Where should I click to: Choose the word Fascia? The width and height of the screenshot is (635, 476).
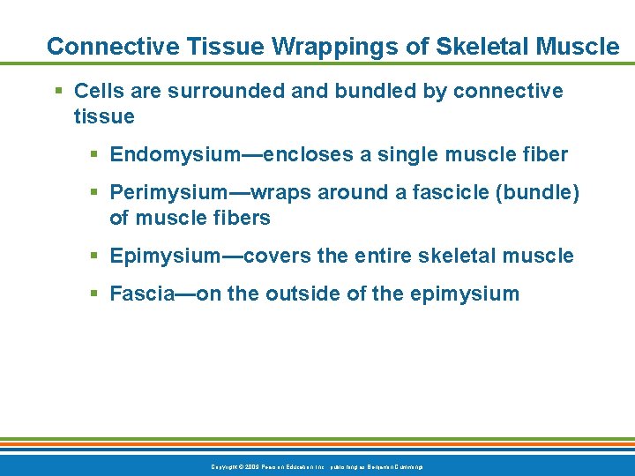(141, 294)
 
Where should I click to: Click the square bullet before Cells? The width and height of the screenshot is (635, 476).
(58, 91)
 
